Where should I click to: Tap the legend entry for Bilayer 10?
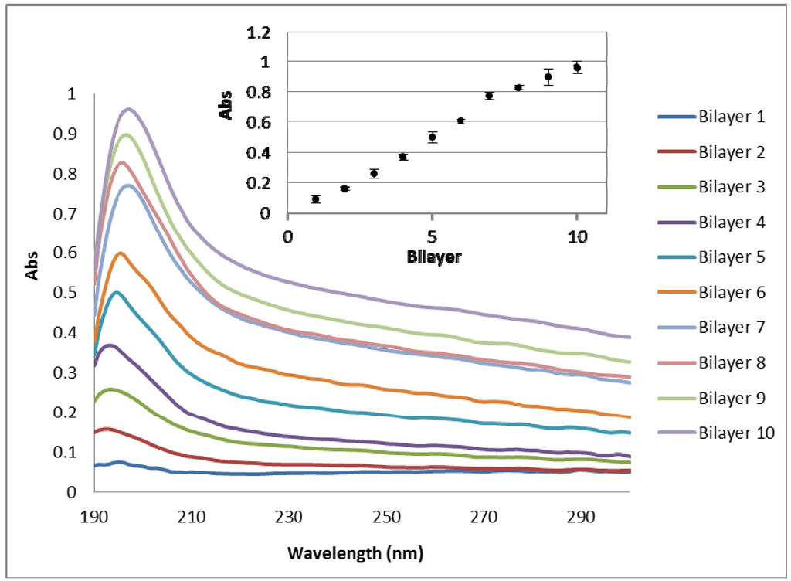click(x=735, y=433)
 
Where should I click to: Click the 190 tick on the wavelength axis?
click(x=94, y=517)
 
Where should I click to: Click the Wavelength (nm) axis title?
click(x=355, y=553)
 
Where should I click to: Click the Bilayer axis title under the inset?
click(x=433, y=257)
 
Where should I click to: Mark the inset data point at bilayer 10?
click(x=577, y=67)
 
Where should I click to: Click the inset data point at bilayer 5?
click(x=433, y=137)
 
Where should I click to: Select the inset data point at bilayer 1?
click(x=316, y=199)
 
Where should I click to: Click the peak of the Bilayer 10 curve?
click(x=128, y=109)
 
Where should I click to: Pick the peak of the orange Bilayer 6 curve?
click(x=120, y=253)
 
